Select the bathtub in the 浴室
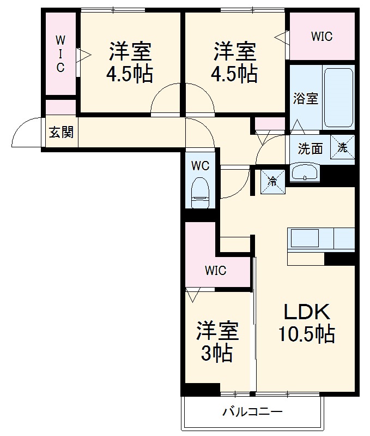(x=338, y=100)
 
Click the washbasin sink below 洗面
(x=304, y=173)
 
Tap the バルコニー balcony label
(x=252, y=411)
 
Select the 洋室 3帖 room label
(x=217, y=342)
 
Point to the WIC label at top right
(x=322, y=37)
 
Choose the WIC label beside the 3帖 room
(x=215, y=270)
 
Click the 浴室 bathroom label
(x=305, y=99)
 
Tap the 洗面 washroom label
(x=310, y=148)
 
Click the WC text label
(x=201, y=166)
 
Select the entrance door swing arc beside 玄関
(x=26, y=133)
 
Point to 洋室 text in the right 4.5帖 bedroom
(x=234, y=52)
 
